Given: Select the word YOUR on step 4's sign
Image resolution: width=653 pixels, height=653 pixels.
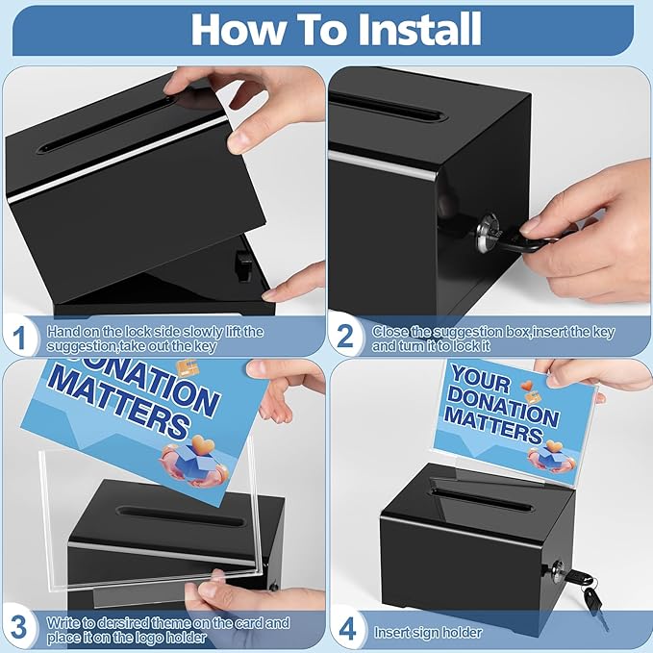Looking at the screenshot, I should [481, 378].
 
